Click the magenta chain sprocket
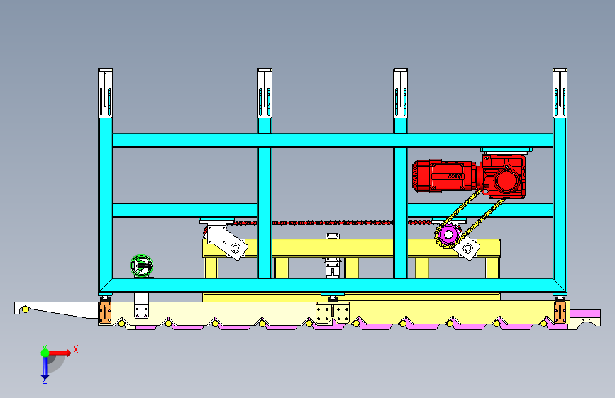447,235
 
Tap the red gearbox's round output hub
506,181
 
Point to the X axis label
76,348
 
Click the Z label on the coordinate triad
44,380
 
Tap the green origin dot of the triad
45,352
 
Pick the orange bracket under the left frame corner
105,312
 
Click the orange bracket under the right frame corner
560,312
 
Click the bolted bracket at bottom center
333,312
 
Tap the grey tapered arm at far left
53,309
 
